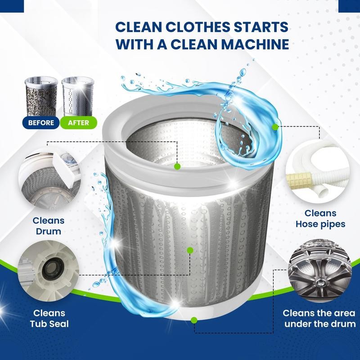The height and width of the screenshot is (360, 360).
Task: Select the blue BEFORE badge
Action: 41,122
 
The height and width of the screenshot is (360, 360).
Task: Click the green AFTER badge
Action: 75,122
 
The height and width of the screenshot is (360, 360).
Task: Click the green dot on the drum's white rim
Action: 177,166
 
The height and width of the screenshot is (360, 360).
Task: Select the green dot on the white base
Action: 194,320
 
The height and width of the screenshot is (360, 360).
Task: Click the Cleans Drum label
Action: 48,226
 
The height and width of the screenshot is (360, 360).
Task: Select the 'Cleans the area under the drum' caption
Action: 319,318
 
